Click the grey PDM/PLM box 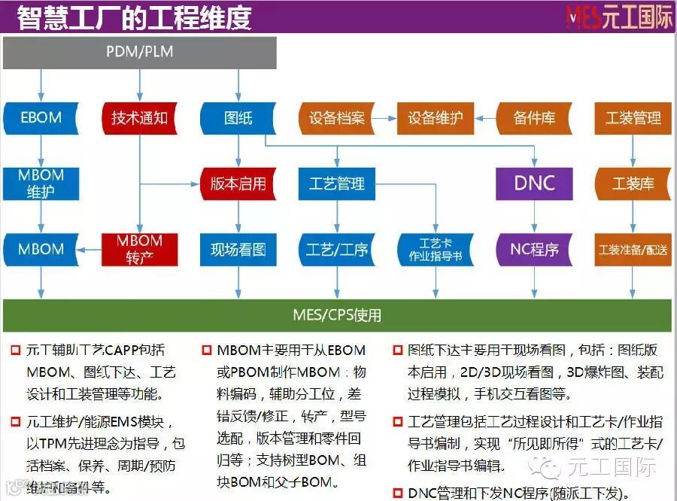click(x=140, y=52)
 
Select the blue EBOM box click(x=41, y=118)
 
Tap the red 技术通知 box click(x=139, y=118)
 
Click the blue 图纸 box click(x=238, y=118)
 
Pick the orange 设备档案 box click(x=336, y=118)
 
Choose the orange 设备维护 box click(x=436, y=118)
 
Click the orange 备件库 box click(x=534, y=118)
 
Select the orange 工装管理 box click(x=633, y=118)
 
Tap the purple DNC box click(x=534, y=184)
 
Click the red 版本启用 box click(x=238, y=184)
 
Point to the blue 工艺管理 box click(x=336, y=184)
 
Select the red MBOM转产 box click(x=139, y=249)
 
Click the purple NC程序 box click(x=534, y=249)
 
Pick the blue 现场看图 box click(x=238, y=249)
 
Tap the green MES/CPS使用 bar click(x=336, y=314)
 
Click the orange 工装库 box click(x=633, y=184)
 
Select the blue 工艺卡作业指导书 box click(x=436, y=249)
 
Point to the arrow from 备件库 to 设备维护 click(x=485, y=118)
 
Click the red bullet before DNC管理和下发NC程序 click(x=397, y=493)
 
